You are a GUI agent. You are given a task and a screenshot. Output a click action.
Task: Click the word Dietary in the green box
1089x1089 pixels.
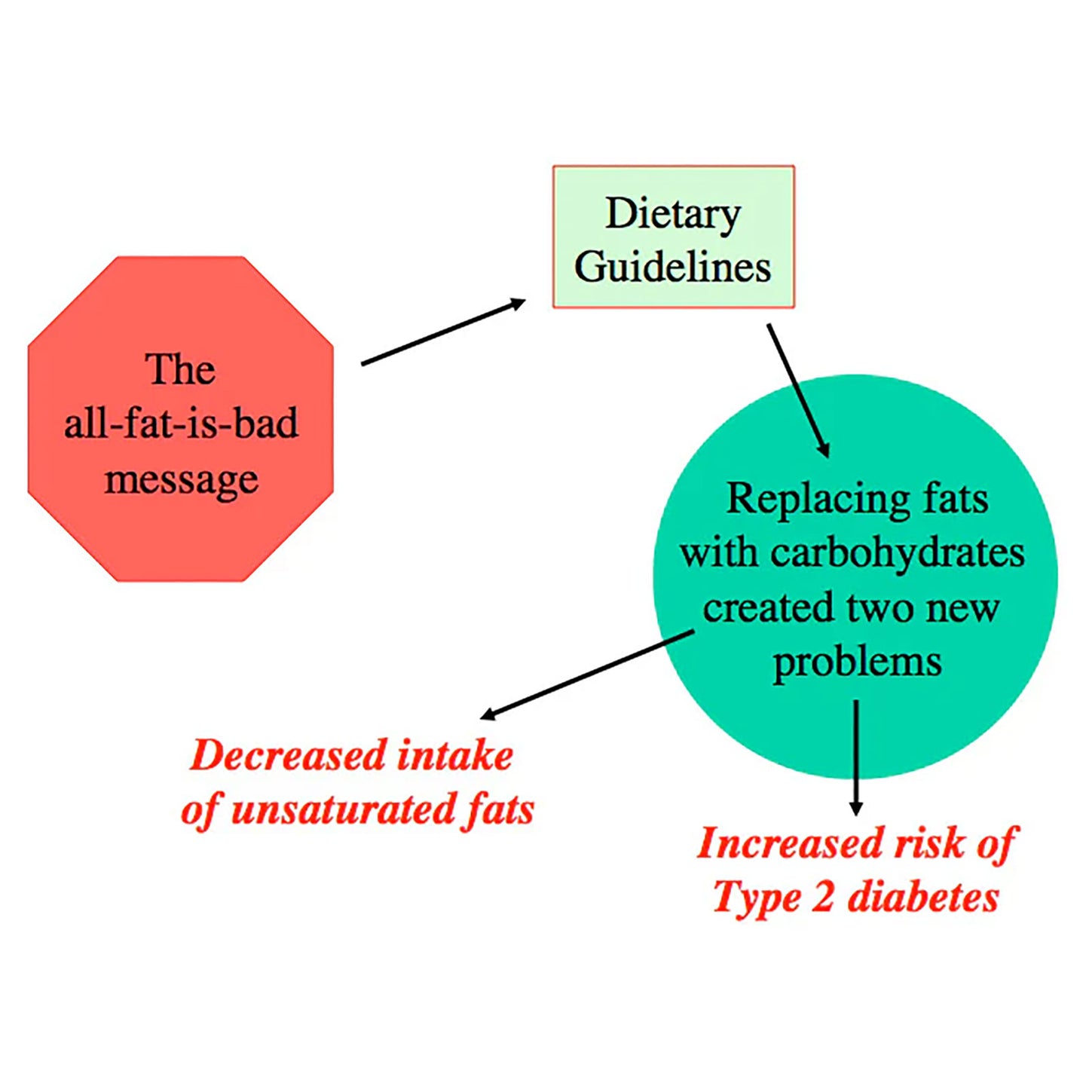(x=672, y=214)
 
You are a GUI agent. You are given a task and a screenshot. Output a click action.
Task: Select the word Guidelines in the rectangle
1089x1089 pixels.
(x=672, y=267)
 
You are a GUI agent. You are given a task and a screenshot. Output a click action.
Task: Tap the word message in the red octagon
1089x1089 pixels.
(x=181, y=480)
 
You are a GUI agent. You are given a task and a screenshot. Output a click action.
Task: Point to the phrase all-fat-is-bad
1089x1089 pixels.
(x=181, y=424)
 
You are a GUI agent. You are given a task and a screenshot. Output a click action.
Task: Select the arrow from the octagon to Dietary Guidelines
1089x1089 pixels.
(x=443, y=332)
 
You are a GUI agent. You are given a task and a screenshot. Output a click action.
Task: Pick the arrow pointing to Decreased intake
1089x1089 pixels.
(x=586, y=674)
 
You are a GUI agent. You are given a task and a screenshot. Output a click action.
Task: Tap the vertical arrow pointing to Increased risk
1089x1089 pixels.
(x=855, y=757)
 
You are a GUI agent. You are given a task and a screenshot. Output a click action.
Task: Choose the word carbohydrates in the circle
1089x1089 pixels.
(x=897, y=553)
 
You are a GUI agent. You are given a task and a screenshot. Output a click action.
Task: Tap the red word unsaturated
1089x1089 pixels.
(x=343, y=810)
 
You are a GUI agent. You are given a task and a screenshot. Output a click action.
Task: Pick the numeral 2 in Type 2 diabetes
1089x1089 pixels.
(x=822, y=898)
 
